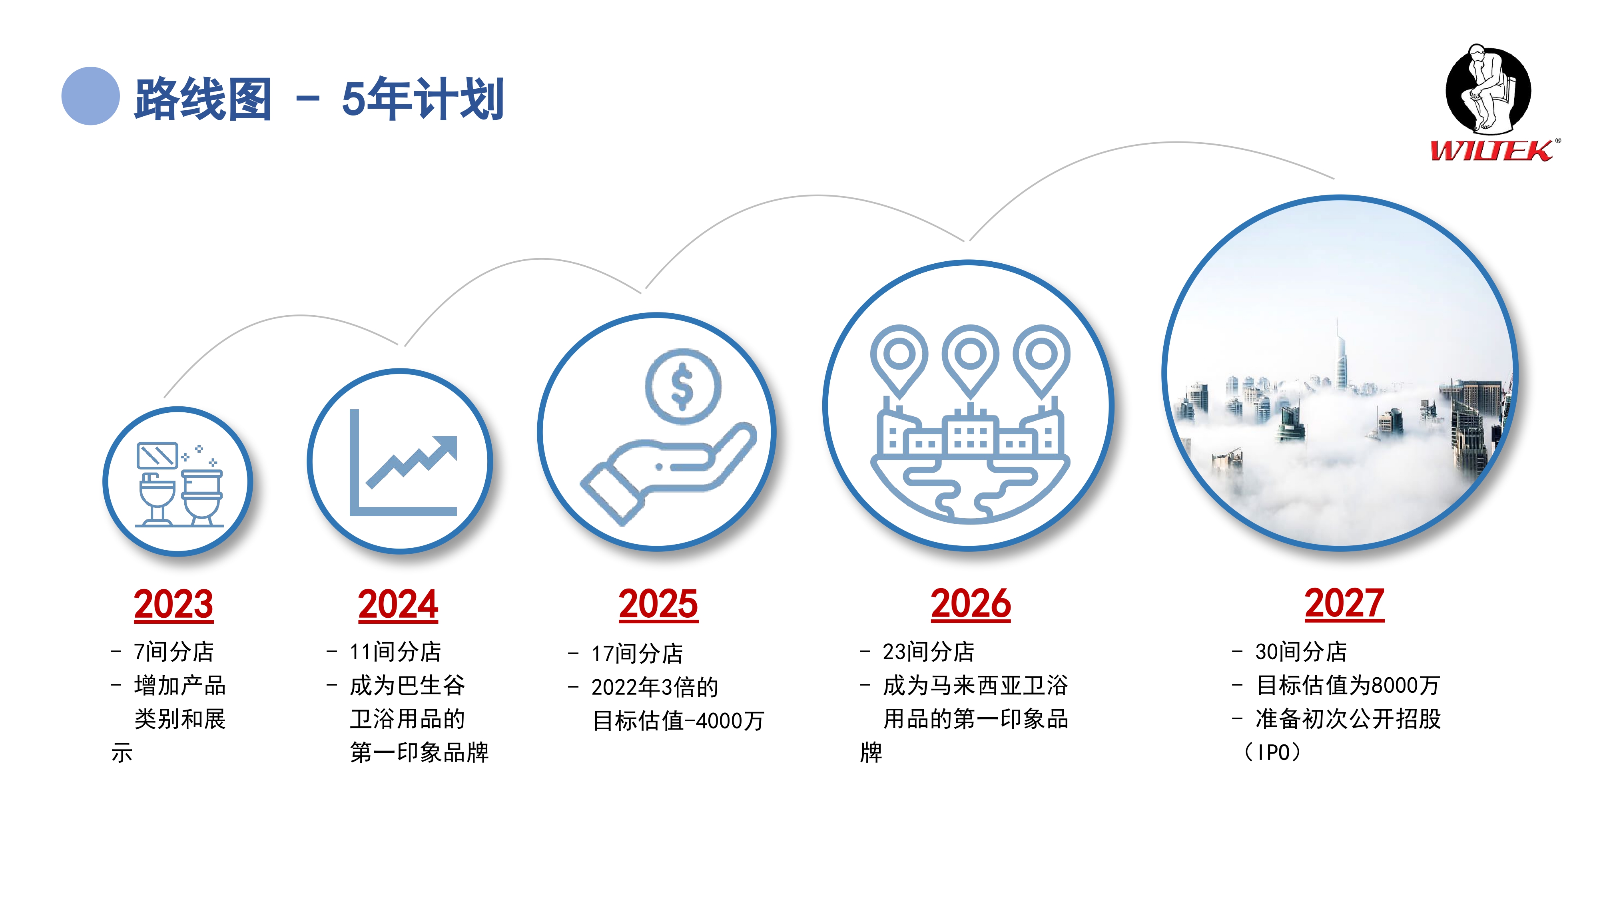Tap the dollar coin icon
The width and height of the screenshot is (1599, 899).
(683, 386)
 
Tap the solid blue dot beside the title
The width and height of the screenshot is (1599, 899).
(91, 96)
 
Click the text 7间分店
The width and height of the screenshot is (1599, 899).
(174, 651)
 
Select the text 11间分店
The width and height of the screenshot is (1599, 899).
(395, 651)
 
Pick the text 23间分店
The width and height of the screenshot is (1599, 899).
(929, 651)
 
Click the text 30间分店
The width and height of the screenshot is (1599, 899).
(1301, 651)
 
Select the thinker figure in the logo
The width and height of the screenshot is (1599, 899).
(1488, 89)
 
